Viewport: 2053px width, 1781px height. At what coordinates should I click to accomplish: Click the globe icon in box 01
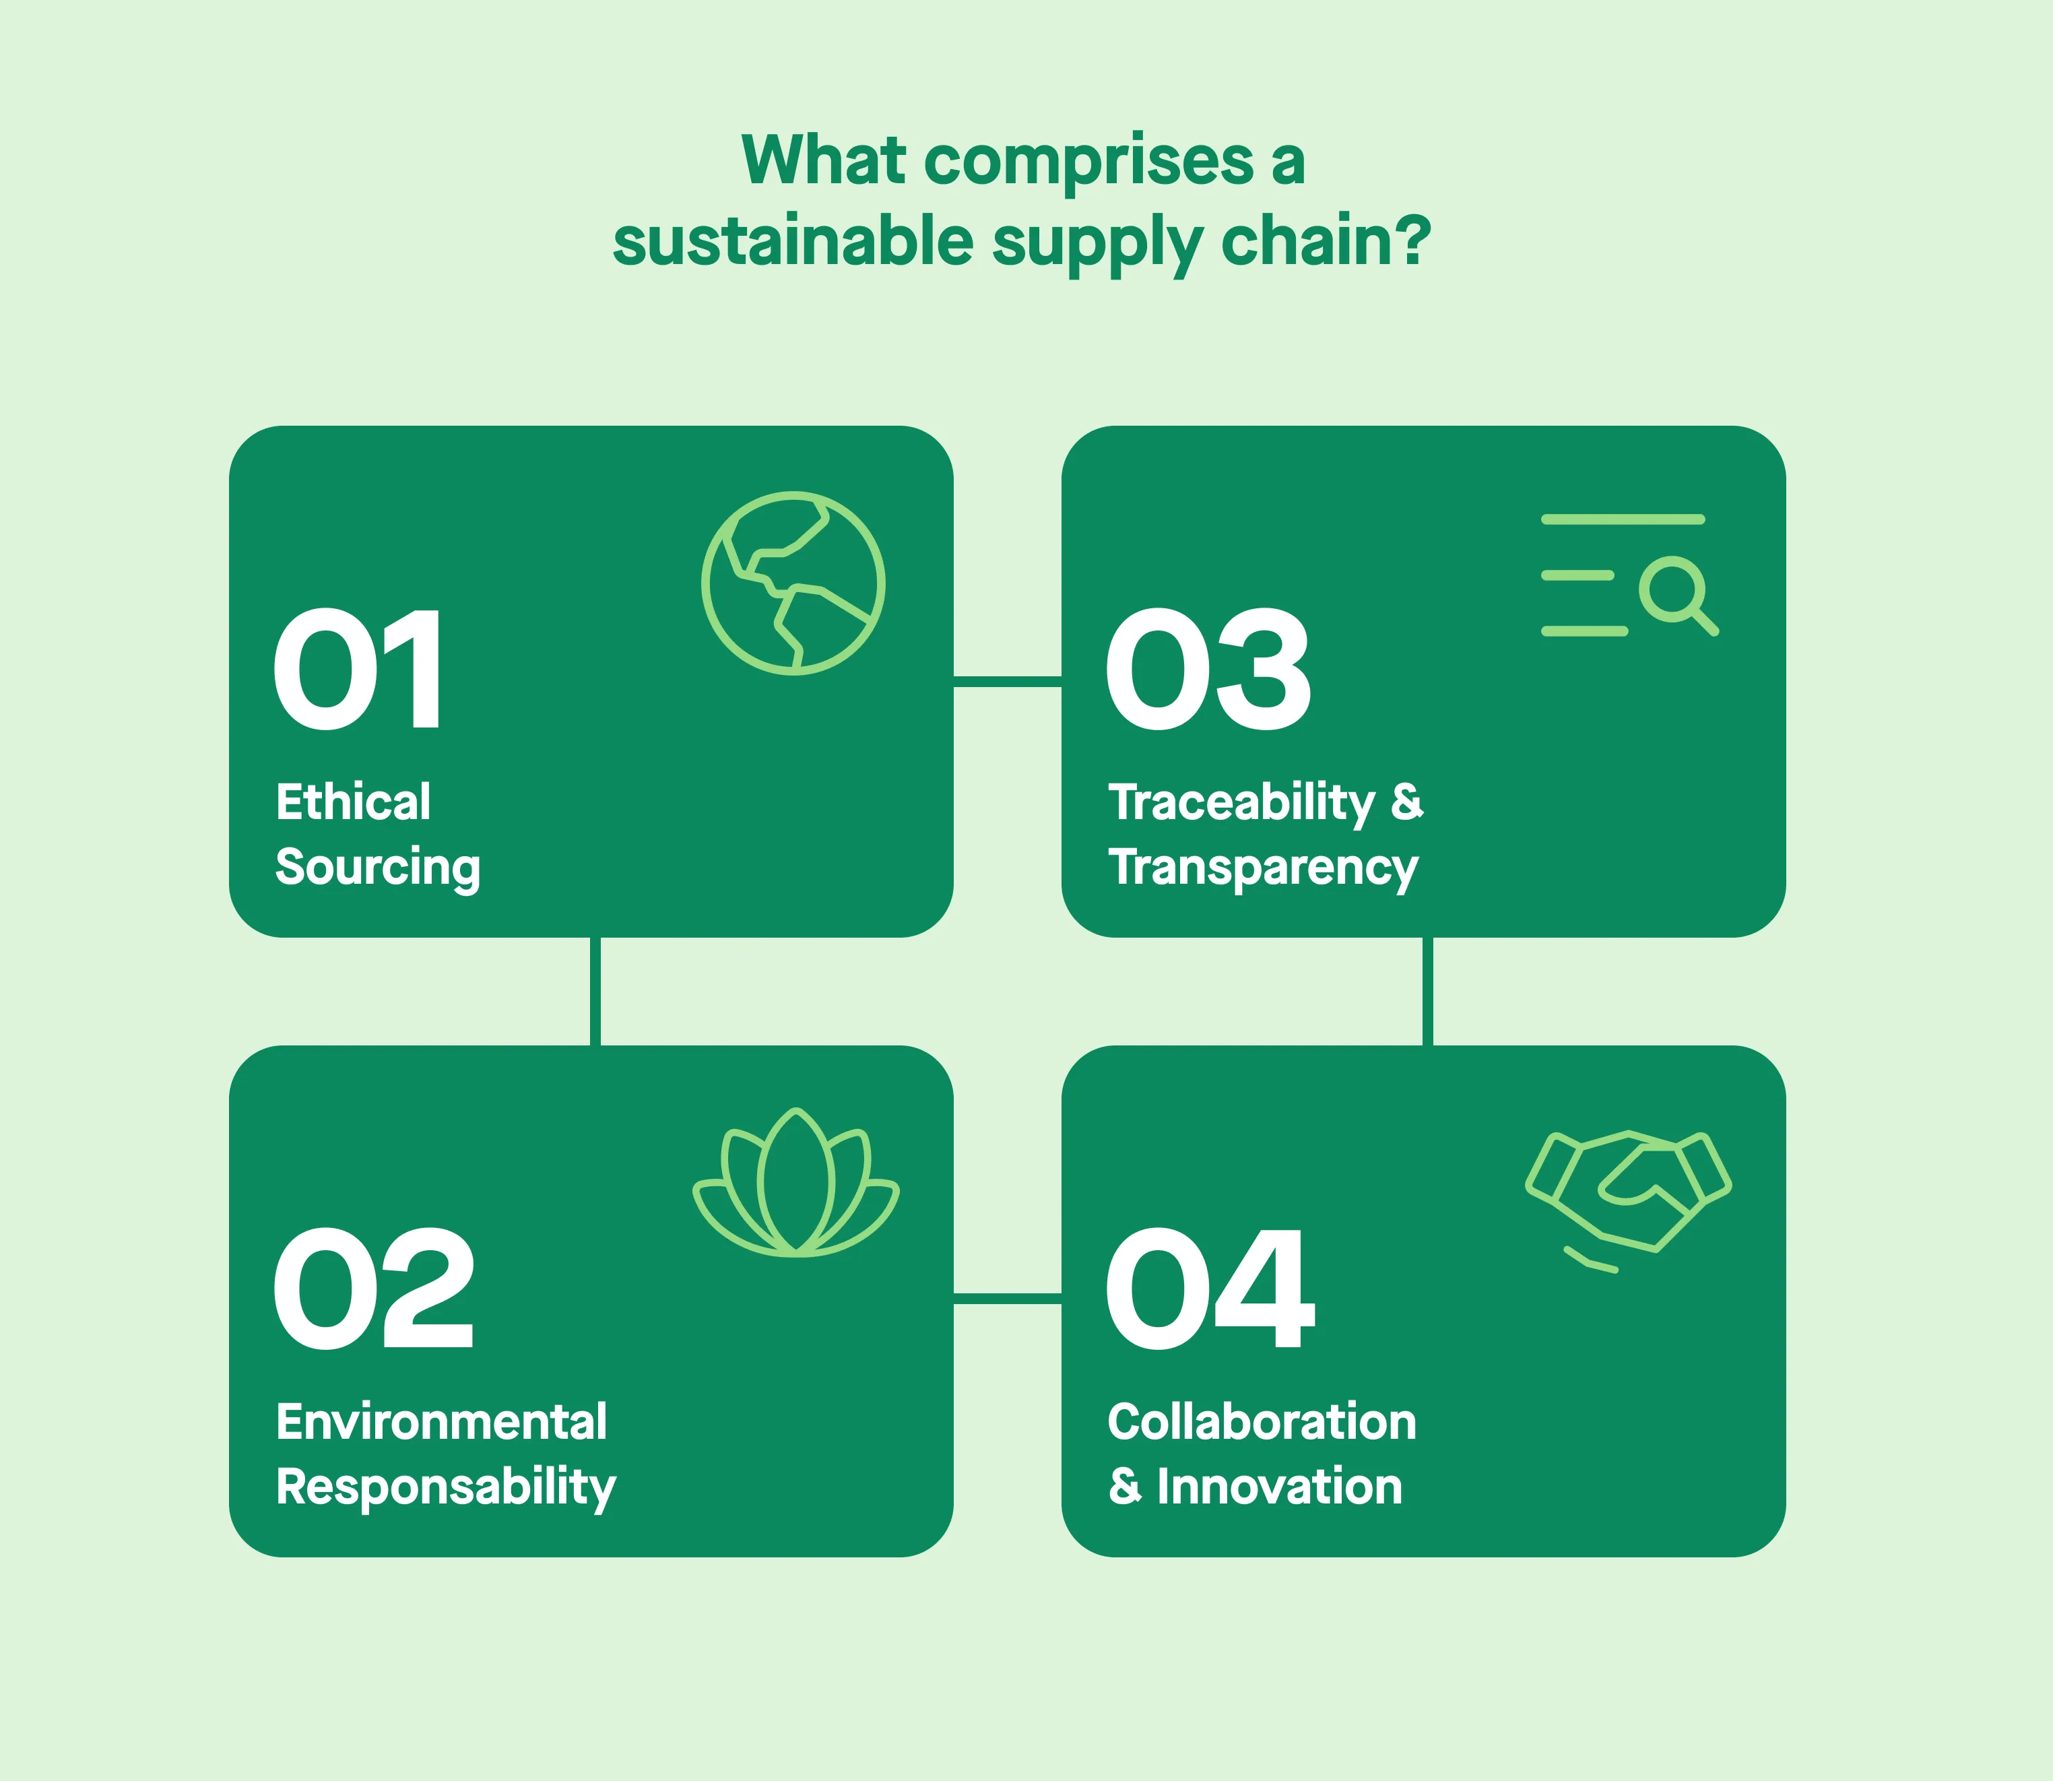pos(793,583)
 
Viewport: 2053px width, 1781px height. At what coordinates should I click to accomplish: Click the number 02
pos(374,1289)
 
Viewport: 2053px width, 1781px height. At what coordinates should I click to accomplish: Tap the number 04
pos(1210,1289)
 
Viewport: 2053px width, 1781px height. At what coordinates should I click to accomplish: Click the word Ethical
pos(353,802)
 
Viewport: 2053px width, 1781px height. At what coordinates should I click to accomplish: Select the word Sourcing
pos(378,867)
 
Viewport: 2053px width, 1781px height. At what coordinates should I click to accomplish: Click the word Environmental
pos(441,1422)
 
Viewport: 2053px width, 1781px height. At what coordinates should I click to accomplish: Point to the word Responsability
pos(446,1487)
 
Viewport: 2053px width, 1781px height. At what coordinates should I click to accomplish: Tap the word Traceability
pos(1241,802)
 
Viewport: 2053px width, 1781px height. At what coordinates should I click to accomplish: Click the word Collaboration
pos(1262,1422)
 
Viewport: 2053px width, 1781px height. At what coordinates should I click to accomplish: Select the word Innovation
pos(1279,1487)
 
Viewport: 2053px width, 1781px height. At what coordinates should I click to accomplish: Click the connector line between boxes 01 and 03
pos(1008,681)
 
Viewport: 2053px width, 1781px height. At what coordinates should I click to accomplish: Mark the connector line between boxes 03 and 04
pos(1428,991)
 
